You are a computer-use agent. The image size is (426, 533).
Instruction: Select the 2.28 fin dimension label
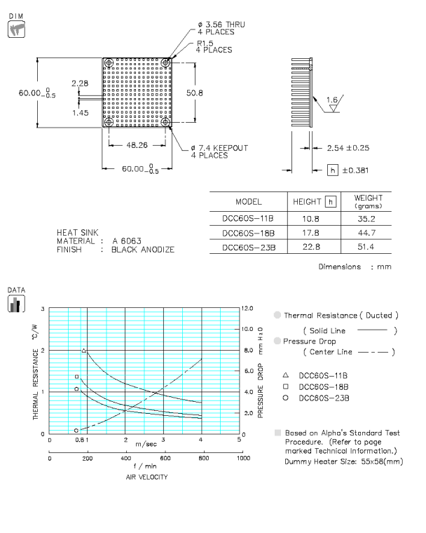pyautogui.click(x=80, y=83)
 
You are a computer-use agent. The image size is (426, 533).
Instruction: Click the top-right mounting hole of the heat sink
pyautogui.click(x=166, y=64)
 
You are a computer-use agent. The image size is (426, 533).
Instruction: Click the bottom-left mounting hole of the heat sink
pyautogui.click(x=109, y=122)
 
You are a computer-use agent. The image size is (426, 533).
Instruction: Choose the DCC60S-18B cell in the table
pyautogui.click(x=248, y=233)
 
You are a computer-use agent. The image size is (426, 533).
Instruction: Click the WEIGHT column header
pyautogui.click(x=368, y=201)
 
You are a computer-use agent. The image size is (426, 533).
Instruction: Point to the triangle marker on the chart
pyautogui.click(x=84, y=351)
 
